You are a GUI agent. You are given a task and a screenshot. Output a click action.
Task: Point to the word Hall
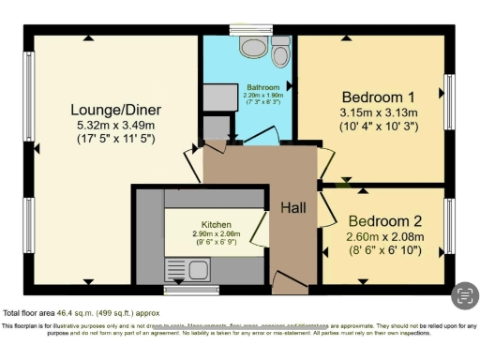point(293,208)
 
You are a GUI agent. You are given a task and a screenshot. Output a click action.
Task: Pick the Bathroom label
point(250,86)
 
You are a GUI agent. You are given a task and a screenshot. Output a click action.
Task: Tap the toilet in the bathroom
point(279,55)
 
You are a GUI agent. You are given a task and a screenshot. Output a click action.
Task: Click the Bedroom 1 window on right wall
point(449,97)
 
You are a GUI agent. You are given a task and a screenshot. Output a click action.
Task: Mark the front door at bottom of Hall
point(286,279)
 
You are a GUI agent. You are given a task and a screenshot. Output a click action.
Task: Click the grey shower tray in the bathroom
point(222,97)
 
